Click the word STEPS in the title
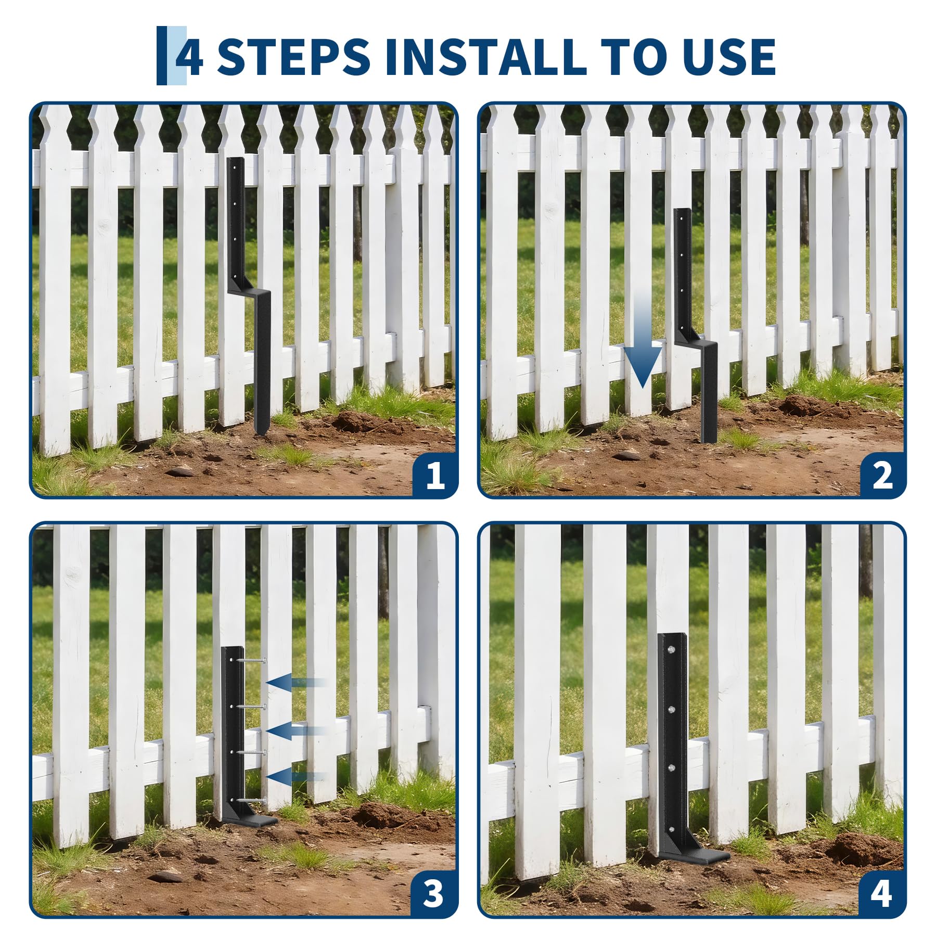pos(293,56)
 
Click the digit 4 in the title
pos(189,56)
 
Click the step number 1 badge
pos(434,475)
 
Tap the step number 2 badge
pos(882,475)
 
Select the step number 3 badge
pos(433,894)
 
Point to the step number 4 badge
pos(881,894)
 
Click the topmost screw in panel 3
pos(252,660)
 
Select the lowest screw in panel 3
pos(252,800)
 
